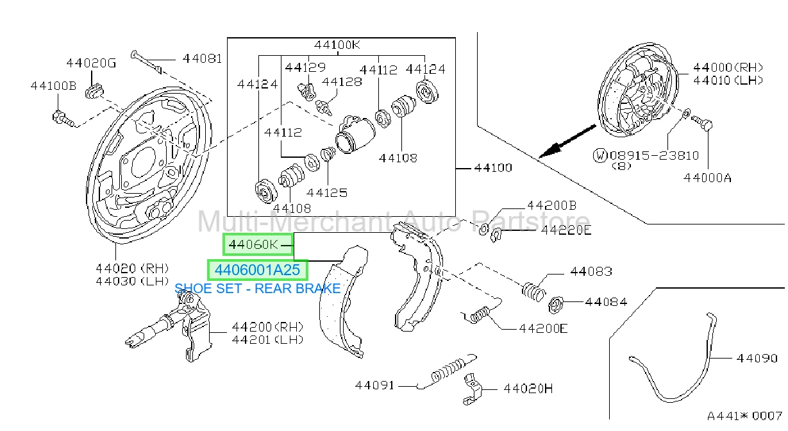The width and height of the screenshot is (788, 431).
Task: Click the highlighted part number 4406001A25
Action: coord(258,270)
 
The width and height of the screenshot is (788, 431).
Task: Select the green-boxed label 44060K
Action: coord(253,244)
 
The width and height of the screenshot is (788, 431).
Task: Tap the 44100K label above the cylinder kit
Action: coord(337,45)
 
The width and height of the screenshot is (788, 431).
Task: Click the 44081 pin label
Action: coord(202,58)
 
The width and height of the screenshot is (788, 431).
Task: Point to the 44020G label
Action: coord(91,63)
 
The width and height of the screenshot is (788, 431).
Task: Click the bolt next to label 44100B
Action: coord(63,118)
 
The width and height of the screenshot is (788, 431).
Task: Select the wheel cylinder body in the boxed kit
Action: coord(355,134)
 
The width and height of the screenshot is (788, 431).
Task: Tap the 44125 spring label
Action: coord(327,193)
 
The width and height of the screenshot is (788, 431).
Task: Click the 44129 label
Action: coord(305,67)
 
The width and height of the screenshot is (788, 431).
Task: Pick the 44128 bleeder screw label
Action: coord(342,81)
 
